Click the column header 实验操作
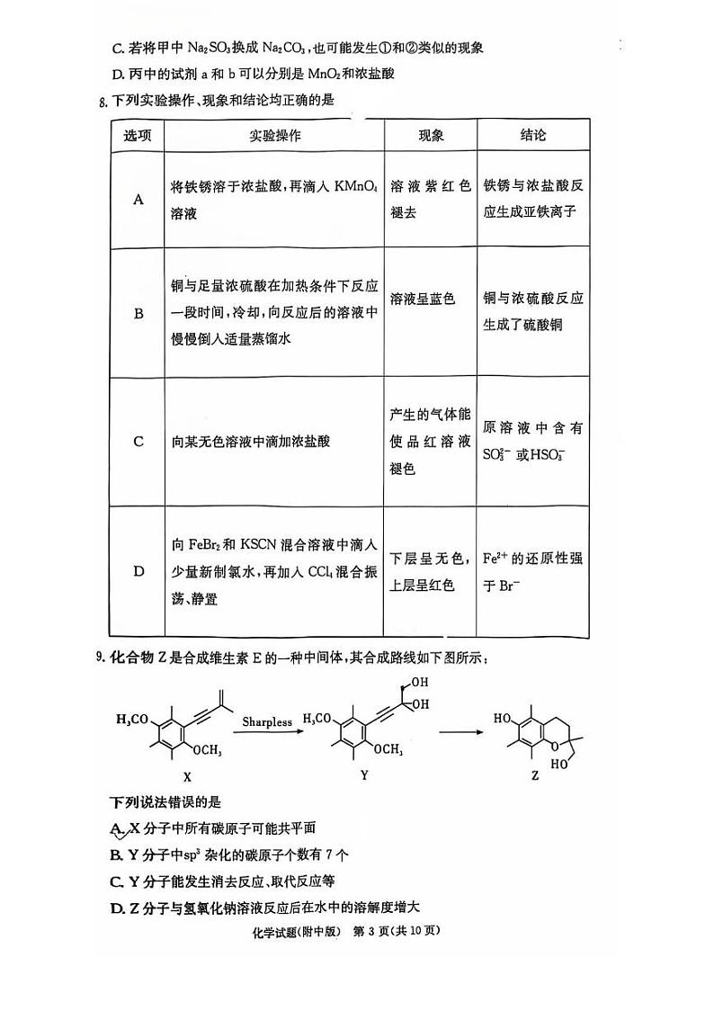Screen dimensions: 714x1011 click(x=274, y=136)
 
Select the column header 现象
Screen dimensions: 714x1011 click(x=431, y=136)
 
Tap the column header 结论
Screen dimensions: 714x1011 click(x=532, y=136)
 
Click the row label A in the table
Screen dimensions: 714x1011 click(x=138, y=200)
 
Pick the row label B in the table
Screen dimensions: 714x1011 click(x=138, y=314)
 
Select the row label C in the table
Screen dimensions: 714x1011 click(x=138, y=442)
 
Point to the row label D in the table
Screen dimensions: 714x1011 click(x=138, y=571)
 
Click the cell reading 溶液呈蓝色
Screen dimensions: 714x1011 click(x=423, y=299)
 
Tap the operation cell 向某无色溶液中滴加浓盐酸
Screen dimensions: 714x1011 click(x=251, y=442)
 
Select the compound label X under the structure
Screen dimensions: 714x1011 click(x=186, y=774)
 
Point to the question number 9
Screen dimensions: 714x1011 click(x=101, y=659)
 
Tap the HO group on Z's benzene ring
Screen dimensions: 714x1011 click(x=504, y=718)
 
